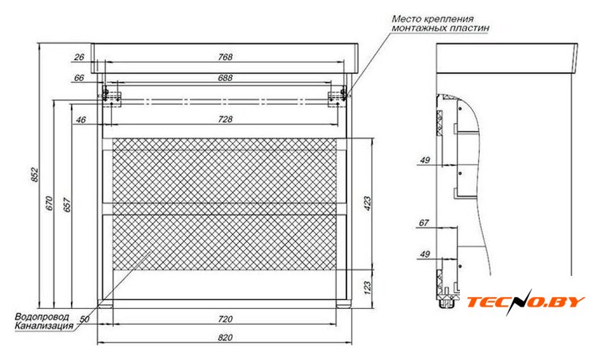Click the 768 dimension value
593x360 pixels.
[x=225, y=57]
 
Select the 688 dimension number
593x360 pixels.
[x=225, y=78]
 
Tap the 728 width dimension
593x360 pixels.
[x=225, y=119]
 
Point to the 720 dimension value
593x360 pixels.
[x=225, y=320]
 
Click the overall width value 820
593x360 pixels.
[x=225, y=337]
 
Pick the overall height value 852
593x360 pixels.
[x=34, y=174]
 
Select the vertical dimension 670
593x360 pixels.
[x=50, y=203]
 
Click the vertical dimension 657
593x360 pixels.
[x=67, y=204]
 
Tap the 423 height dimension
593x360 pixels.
[x=367, y=203]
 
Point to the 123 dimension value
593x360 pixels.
[x=367, y=288]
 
